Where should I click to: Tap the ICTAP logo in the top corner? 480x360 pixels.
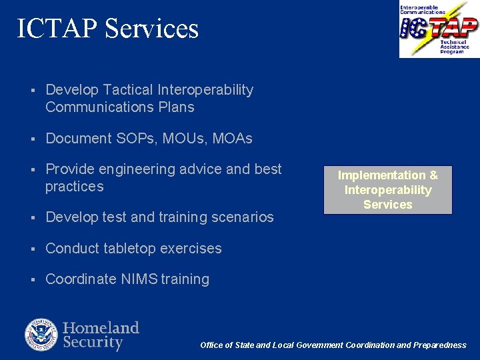439,29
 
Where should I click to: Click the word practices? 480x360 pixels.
74,187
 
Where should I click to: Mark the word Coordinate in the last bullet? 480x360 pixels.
80,279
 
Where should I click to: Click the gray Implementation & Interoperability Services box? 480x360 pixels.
387,190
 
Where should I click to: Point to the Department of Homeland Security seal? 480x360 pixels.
41,335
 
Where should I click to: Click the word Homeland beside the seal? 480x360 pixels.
101,327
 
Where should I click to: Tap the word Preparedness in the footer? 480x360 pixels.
440,345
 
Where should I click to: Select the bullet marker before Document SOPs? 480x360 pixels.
32,139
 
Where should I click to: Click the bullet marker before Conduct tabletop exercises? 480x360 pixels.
32,249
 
